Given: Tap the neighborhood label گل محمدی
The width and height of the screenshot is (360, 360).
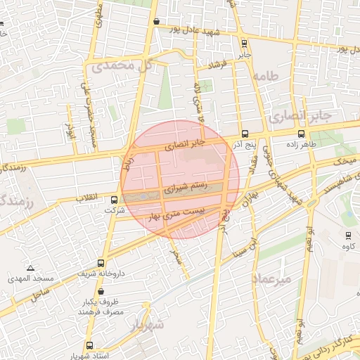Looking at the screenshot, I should (120, 67).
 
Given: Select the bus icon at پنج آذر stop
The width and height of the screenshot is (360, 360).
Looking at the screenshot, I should (244, 134).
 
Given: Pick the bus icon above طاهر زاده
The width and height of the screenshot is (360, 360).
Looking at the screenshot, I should (302, 134).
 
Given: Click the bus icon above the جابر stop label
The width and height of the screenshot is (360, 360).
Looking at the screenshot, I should (244, 43).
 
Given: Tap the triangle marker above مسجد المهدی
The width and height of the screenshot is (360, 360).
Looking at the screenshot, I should (30, 268).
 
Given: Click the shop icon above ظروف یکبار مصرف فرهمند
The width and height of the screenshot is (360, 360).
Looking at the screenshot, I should (102, 291).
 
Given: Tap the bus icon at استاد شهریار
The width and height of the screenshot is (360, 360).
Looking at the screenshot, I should (89, 345).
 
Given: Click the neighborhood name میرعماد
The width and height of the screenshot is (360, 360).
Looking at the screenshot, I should (270, 279).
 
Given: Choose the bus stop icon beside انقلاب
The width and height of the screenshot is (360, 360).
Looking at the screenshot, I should (115, 200).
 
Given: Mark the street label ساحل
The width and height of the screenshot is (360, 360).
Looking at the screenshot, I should (41, 290).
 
